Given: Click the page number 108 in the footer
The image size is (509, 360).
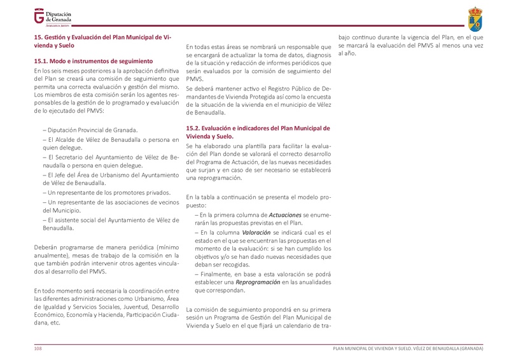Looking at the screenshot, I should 38,349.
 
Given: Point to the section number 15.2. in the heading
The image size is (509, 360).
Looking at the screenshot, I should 195,128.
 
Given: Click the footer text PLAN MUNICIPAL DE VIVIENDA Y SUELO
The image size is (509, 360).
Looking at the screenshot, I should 375,349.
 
